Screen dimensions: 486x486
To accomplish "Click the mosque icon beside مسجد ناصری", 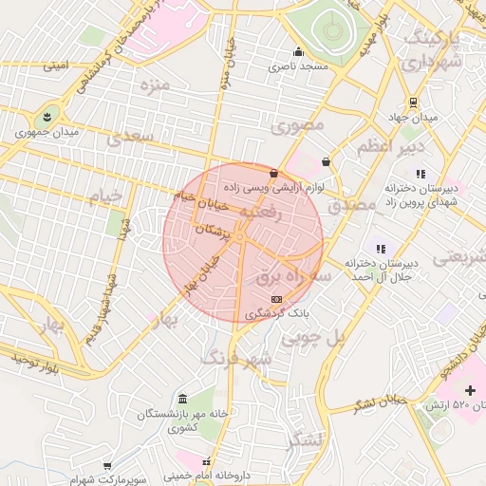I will coord(299,52).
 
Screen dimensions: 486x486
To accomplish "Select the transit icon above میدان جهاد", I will coord(413,103).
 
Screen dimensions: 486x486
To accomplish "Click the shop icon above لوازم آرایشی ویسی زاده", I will coord(274,173).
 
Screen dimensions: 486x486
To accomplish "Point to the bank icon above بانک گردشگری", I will coord(276,299).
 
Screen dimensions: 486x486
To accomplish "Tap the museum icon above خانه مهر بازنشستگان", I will coord(182,399).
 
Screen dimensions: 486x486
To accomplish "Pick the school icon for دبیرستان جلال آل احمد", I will coord(381,249).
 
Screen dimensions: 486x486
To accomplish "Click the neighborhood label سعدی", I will coord(129,139).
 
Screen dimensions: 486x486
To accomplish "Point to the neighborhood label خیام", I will coord(105,196).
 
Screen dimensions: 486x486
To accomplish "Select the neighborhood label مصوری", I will coord(297,125).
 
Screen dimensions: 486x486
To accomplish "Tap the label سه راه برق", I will coord(294,275).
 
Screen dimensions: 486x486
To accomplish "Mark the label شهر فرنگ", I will coord(236,358).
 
